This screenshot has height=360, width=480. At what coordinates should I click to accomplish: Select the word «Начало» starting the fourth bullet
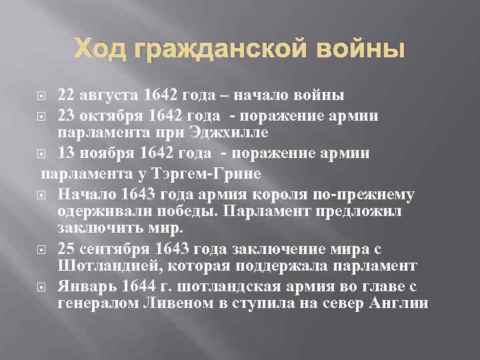pos(83,195)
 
